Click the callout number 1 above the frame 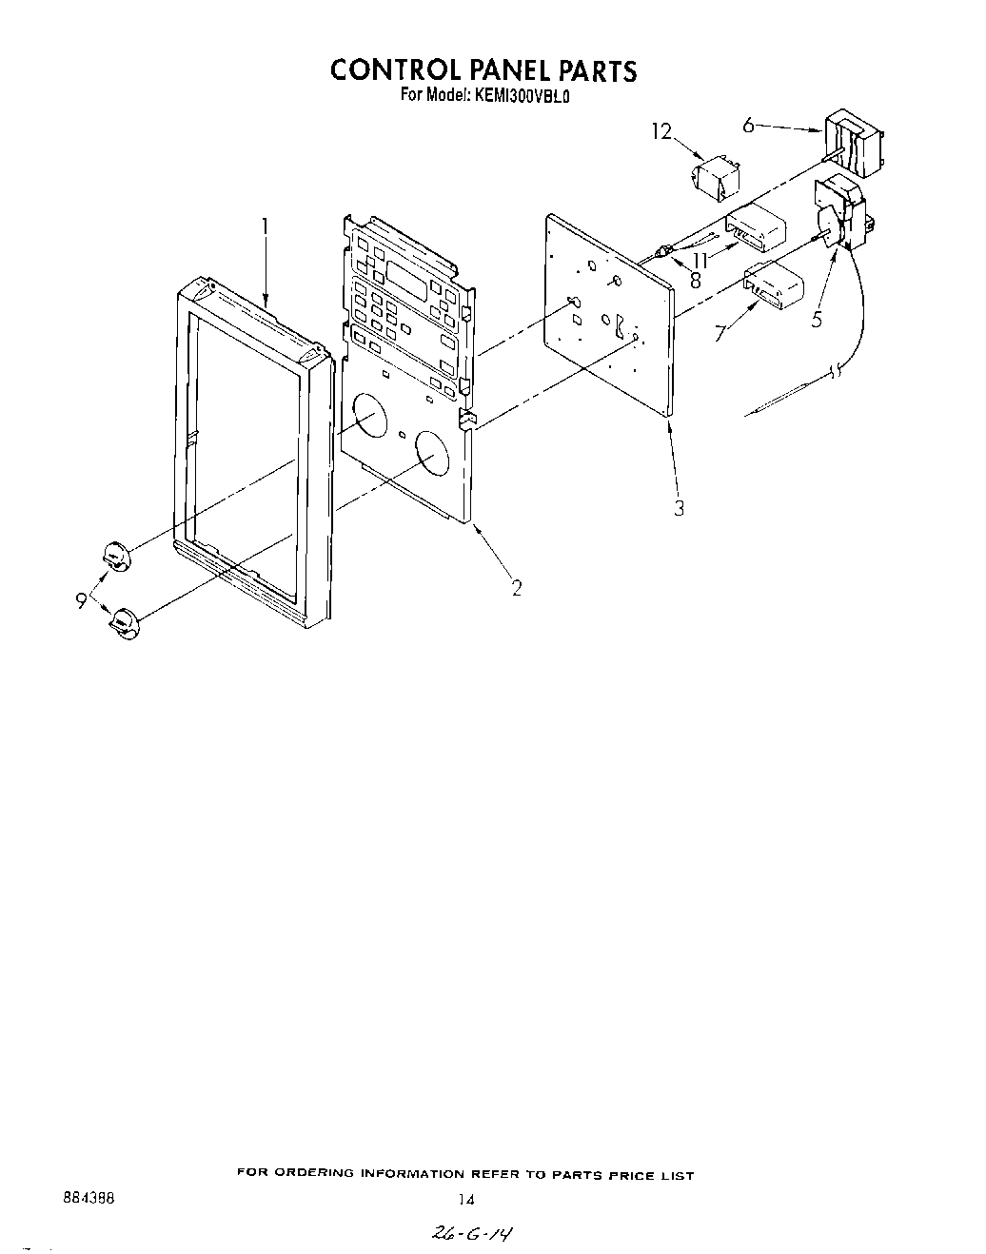(266, 227)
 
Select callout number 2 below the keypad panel (517, 588)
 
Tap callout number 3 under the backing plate (679, 508)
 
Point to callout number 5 (817, 321)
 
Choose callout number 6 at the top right (748, 125)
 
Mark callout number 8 (696, 281)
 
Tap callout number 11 (700, 258)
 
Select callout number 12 (661, 132)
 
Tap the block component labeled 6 (853, 144)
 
